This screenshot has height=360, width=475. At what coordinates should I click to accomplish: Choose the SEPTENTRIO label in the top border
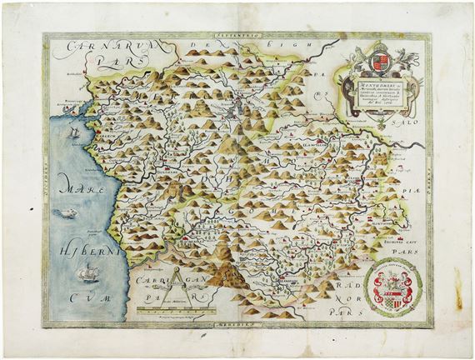(x=239, y=37)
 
